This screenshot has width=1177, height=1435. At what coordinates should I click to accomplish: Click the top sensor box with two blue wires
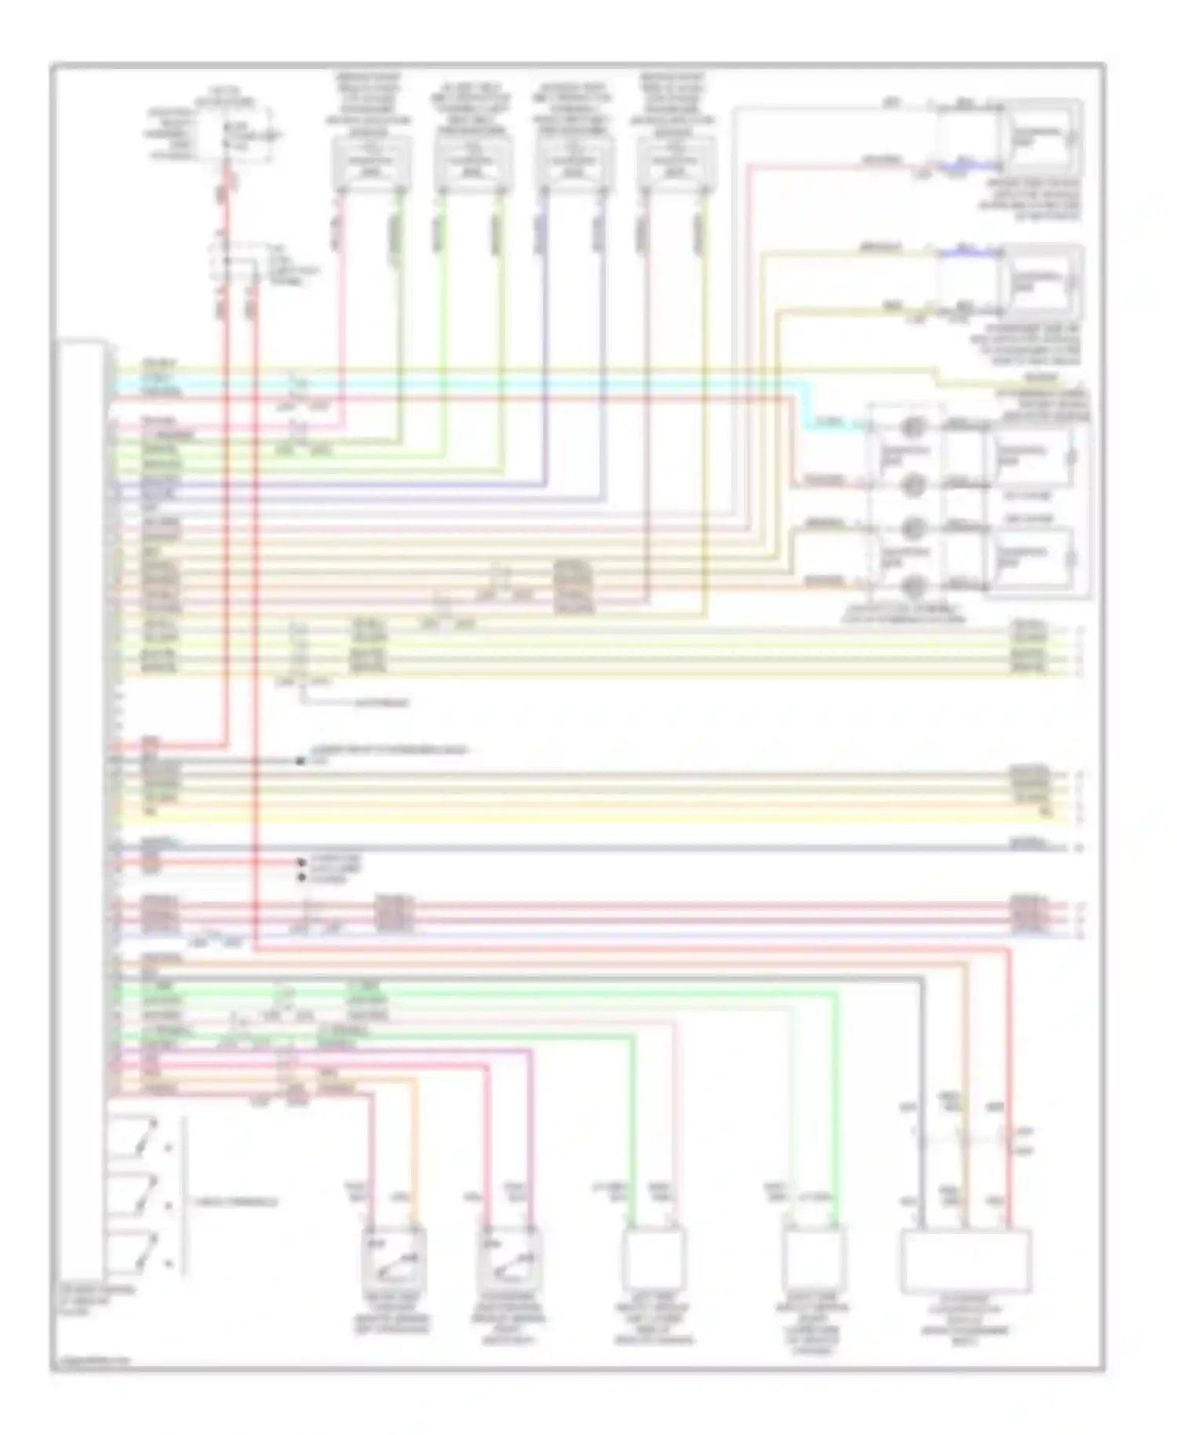coord(574,163)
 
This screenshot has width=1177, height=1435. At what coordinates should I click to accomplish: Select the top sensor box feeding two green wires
coord(472,163)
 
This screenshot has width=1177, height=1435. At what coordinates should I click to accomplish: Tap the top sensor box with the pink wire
coord(371,163)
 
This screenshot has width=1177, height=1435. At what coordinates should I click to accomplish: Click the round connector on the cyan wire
coord(912,428)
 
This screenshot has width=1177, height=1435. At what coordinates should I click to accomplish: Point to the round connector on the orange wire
coord(912,586)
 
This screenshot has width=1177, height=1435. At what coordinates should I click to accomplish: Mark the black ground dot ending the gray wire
coord(300,761)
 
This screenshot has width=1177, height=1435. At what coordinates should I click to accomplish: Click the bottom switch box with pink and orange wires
coord(394,1258)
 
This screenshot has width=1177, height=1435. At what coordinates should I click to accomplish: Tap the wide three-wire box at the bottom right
coord(965,1261)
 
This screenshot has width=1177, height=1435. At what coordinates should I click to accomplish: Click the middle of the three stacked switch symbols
coord(133,1195)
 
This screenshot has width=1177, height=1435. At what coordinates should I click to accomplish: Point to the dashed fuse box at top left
coord(235,135)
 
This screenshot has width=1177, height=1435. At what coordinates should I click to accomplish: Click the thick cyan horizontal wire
coord(471,384)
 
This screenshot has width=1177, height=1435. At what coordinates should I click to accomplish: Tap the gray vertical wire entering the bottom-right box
coord(923,1099)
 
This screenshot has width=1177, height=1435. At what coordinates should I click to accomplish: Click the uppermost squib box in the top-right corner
coord(1040,137)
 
